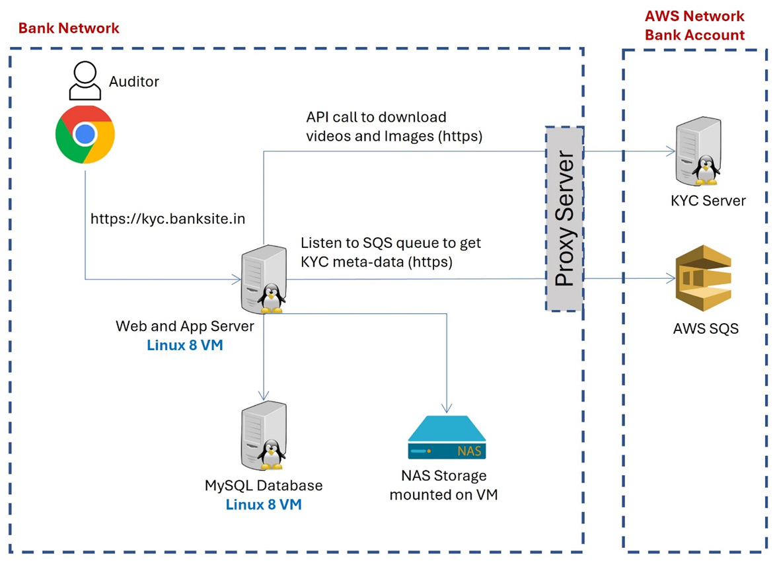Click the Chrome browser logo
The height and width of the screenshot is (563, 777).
pyautogui.click(x=85, y=135)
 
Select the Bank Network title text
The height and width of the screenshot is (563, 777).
pyautogui.click(x=69, y=28)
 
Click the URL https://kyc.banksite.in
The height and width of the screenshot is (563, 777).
pyautogui.click(x=168, y=218)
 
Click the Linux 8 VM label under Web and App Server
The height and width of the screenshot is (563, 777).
pyautogui.click(x=185, y=344)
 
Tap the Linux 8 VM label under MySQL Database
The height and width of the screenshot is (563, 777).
pyautogui.click(x=264, y=504)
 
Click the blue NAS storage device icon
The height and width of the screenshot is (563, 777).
pyautogui.click(x=447, y=439)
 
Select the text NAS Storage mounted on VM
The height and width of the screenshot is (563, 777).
pyautogui.click(x=444, y=484)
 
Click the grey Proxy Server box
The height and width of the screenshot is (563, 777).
pyautogui.click(x=564, y=218)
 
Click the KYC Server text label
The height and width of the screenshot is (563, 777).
pyautogui.click(x=708, y=200)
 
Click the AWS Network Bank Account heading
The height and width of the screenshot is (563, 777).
pyautogui.click(x=694, y=25)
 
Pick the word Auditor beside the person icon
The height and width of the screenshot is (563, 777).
pyautogui.click(x=134, y=81)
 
